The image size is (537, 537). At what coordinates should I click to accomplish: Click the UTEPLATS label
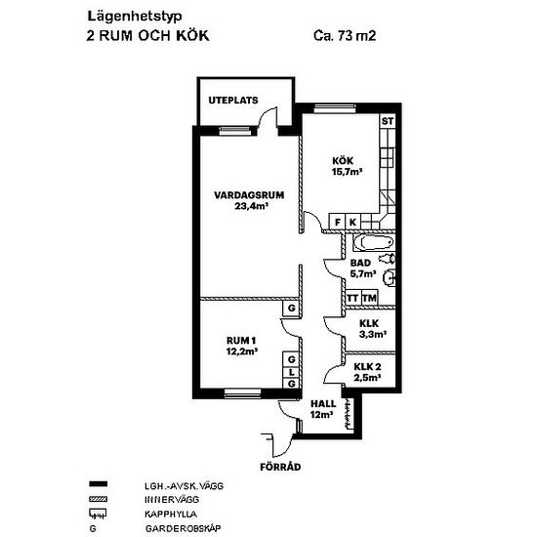[233, 101]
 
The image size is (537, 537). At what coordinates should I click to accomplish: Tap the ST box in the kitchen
[388, 121]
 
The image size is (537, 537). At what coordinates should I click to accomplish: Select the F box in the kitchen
[338, 222]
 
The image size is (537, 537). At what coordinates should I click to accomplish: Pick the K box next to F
[352, 222]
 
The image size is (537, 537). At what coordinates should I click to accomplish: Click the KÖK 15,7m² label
[348, 166]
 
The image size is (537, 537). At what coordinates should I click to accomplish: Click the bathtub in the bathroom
[374, 242]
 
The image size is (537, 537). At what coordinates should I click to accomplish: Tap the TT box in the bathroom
[352, 298]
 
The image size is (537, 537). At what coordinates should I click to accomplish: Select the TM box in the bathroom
[369, 298]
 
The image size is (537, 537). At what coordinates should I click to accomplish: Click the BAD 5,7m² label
[362, 268]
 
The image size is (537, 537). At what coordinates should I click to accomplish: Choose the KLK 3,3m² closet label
[373, 329]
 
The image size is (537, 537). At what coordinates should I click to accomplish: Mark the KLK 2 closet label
[367, 372]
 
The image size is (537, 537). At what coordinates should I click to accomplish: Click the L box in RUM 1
[292, 372]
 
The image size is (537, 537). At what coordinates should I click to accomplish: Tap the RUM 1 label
[242, 346]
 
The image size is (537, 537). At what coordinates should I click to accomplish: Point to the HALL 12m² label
[323, 409]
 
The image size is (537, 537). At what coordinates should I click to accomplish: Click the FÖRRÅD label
[280, 467]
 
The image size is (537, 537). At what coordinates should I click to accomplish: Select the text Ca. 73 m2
[345, 35]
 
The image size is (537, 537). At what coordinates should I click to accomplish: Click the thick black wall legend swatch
[98, 484]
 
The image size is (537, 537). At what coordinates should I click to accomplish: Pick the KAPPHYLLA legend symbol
[98, 514]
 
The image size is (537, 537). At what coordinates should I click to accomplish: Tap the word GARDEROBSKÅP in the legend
[184, 528]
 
